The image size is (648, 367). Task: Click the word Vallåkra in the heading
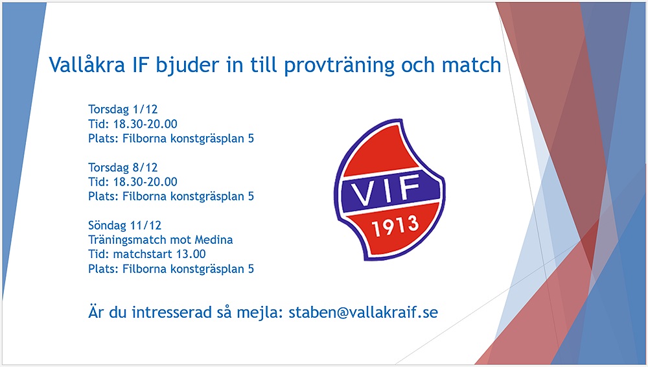pyautogui.click(x=87, y=64)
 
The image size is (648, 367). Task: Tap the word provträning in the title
pyautogui.click(x=340, y=65)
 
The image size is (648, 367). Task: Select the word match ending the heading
pyautogui.click(x=472, y=65)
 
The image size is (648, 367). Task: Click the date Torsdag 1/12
pyautogui.click(x=122, y=109)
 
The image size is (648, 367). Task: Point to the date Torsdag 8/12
pyautogui.click(x=122, y=167)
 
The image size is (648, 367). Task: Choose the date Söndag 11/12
pyautogui.click(x=124, y=225)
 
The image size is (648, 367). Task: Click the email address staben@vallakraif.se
pyautogui.click(x=364, y=312)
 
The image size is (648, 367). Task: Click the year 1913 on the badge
pyautogui.click(x=395, y=226)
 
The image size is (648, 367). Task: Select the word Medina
pyautogui.click(x=214, y=239)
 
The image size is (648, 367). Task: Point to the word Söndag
pyautogui.click(x=107, y=226)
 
